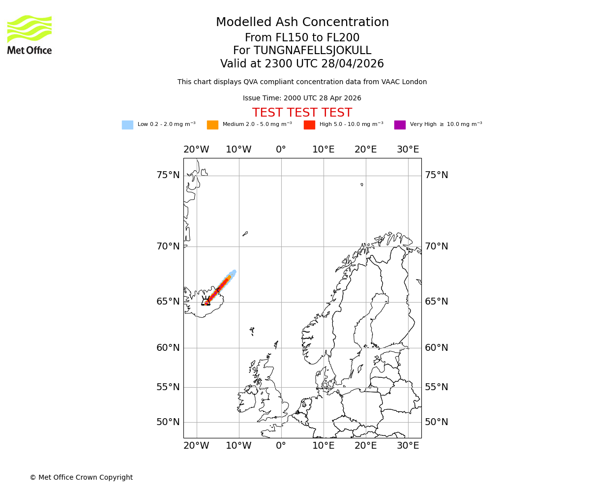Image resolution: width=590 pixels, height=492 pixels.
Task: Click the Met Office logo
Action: coord(29,34)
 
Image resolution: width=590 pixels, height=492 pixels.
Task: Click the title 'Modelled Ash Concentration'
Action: coord(302,22)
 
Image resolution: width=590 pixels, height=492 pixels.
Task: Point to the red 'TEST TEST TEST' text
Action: coord(302,113)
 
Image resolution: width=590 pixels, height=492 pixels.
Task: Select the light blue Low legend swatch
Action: coord(127,125)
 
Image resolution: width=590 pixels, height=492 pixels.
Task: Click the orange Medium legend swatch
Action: coord(212,125)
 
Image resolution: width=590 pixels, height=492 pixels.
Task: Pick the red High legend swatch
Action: coord(309,125)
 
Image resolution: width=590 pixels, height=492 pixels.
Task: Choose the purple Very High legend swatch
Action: coord(400,125)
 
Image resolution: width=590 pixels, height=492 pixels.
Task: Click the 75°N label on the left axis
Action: coord(168,175)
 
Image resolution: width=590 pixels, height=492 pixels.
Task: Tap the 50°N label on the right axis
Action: coord(437,422)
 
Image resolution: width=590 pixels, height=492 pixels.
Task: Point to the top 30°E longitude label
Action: coord(408,150)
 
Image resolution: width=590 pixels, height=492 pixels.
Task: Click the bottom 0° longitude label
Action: coord(281,446)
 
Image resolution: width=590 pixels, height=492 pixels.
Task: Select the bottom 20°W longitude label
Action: coord(196,446)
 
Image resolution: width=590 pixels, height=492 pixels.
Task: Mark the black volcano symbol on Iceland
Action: coord(206,301)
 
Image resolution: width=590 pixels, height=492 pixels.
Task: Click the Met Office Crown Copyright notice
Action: coord(81,477)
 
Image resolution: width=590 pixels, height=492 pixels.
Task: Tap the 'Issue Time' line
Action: coord(302,98)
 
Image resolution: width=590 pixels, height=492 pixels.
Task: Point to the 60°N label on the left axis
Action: coord(168,348)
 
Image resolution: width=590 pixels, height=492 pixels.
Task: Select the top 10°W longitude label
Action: coord(238,150)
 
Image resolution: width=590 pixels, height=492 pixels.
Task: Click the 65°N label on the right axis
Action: coord(437,302)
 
